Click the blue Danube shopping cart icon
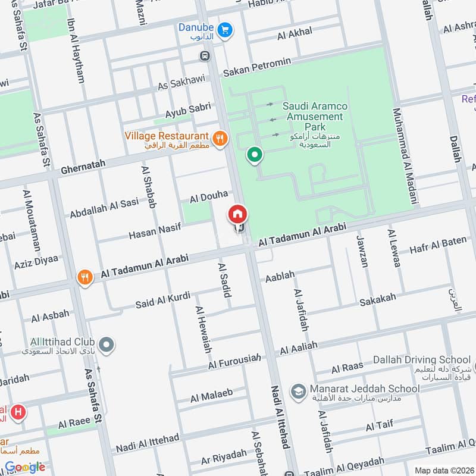pyautogui.click(x=224, y=29)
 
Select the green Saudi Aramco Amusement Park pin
pyautogui.click(x=255, y=155)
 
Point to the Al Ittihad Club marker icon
pyautogui.click(x=107, y=344)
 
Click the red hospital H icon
pyautogui.click(x=18, y=412)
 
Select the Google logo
pyautogui.click(x=25, y=466)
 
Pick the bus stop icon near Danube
pyautogui.click(x=205, y=56)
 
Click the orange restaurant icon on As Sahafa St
pyautogui.click(x=85, y=277)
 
